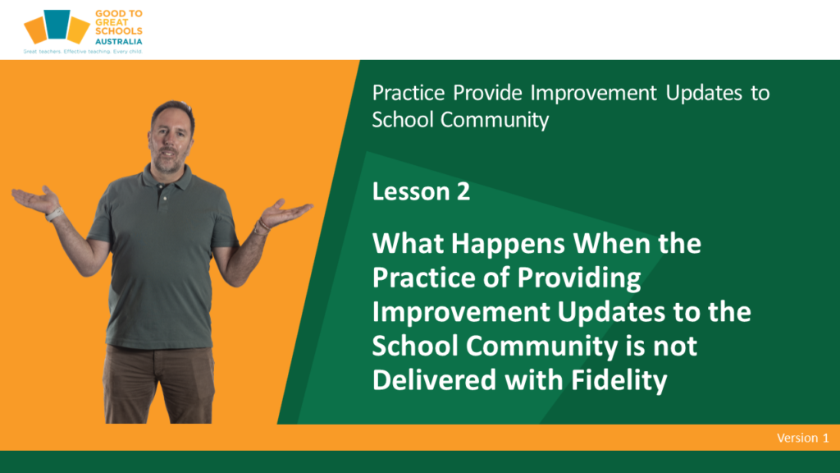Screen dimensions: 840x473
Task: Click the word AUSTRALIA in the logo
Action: pyautogui.click(x=118, y=41)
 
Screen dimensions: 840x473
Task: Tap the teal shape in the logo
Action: pyautogui.click(x=57, y=24)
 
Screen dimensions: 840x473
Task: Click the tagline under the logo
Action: pyautogui.click(x=83, y=52)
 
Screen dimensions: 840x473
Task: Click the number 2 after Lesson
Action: pyautogui.click(x=463, y=191)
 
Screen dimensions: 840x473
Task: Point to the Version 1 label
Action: pyautogui.click(x=802, y=438)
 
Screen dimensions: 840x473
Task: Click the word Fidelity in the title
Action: pyautogui.click(x=619, y=380)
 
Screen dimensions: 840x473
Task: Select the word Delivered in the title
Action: pyautogui.click(x=435, y=380)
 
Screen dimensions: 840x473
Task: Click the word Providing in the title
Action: pyautogui.click(x=578, y=278)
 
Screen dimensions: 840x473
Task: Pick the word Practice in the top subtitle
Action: pyautogui.click(x=409, y=93)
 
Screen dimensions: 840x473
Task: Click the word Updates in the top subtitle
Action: pyautogui.click(x=704, y=94)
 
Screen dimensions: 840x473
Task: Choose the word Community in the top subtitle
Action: pyautogui.click(x=495, y=120)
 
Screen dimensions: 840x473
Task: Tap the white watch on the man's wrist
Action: pyautogui.click(x=53, y=214)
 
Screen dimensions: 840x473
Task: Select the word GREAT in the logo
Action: pyautogui.click(x=112, y=22)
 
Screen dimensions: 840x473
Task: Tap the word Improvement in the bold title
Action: pyautogui.click(x=461, y=312)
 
